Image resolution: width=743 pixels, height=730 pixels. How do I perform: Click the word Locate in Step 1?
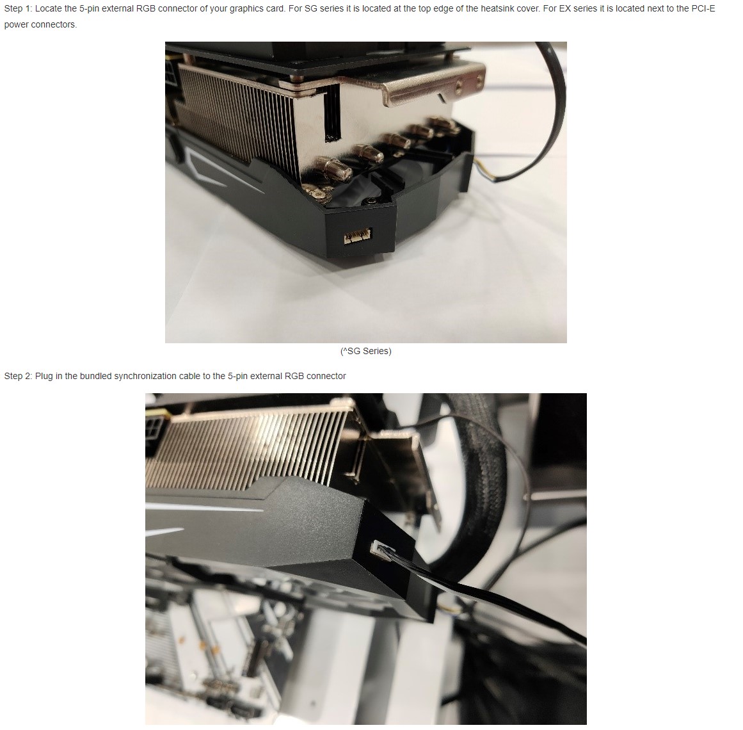click(49, 8)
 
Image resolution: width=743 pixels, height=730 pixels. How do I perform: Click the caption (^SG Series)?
click(366, 352)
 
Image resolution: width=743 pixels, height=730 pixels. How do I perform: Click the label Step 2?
click(18, 376)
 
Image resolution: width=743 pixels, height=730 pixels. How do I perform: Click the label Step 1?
click(18, 8)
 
